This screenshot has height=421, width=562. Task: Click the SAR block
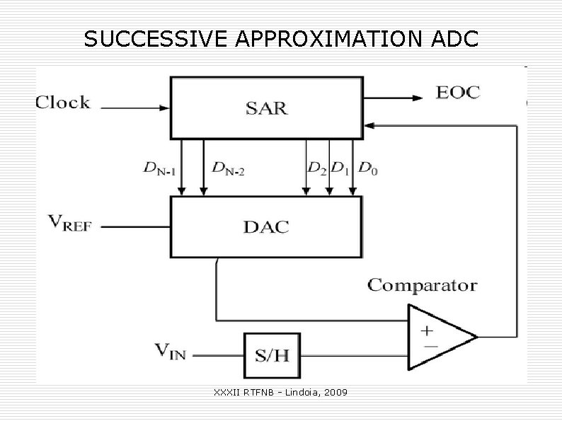point(266,108)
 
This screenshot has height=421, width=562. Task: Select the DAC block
point(266,226)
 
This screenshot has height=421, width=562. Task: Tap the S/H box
point(272,354)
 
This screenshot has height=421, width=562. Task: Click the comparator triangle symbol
point(439,337)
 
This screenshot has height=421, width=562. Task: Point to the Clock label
point(63,103)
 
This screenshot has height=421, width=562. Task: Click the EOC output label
point(458,92)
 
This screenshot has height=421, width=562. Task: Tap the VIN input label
point(170,350)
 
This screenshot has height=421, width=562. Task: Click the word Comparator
point(422,286)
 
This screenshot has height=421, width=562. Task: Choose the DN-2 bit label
point(228,168)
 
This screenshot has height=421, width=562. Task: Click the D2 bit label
point(316,168)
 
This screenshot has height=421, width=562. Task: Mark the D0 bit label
point(367,168)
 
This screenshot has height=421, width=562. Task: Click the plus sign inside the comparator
point(428,330)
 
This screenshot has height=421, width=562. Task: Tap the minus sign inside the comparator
point(428,346)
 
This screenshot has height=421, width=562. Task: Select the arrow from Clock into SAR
point(135,108)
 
